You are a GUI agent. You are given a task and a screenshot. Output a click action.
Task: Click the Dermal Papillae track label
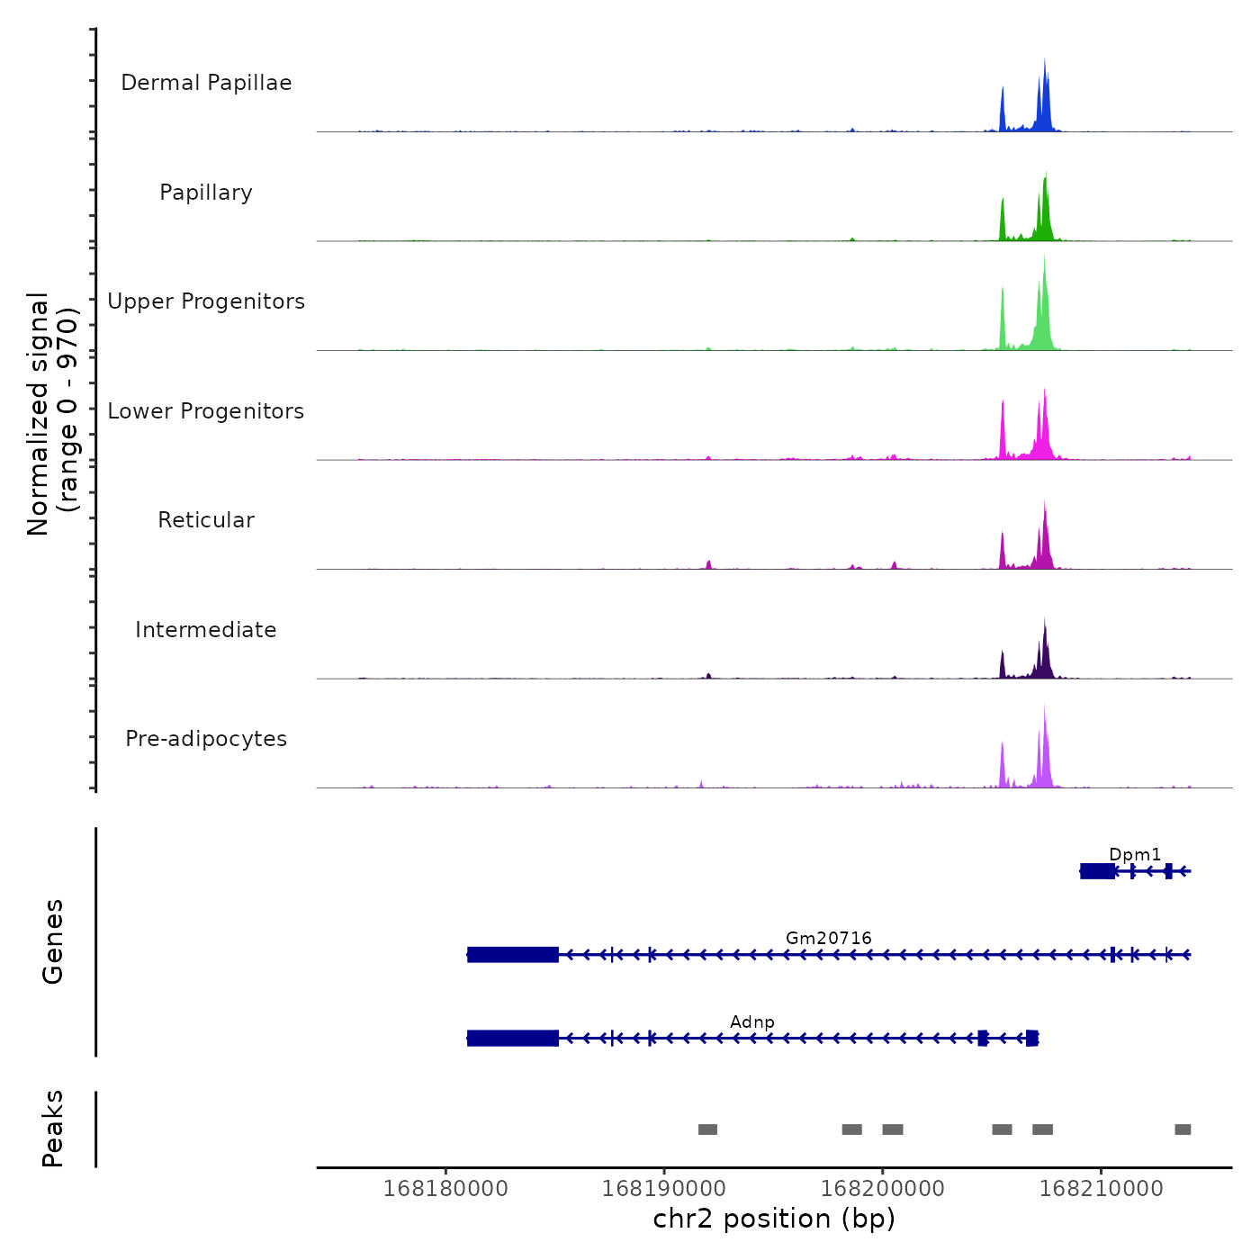(x=206, y=83)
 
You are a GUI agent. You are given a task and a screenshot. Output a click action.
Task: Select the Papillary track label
(x=206, y=193)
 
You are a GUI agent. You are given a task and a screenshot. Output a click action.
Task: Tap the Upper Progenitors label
(x=206, y=301)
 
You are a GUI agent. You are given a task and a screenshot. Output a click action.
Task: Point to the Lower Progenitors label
(x=206, y=411)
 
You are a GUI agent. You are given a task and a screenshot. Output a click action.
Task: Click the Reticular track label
(x=206, y=520)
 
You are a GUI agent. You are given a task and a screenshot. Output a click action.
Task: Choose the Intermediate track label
(x=206, y=630)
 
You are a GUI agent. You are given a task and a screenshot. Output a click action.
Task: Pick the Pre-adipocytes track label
(x=206, y=739)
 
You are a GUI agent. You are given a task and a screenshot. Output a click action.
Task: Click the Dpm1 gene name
(x=1135, y=854)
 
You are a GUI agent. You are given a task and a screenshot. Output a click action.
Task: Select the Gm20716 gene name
(x=829, y=938)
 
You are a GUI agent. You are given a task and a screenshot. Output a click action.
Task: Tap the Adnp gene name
(x=752, y=1021)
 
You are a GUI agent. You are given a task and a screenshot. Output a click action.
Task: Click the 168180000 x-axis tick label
(x=445, y=1189)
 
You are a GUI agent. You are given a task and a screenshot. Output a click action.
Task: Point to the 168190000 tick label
(x=664, y=1189)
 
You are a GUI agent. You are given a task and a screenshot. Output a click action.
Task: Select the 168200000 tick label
(x=883, y=1189)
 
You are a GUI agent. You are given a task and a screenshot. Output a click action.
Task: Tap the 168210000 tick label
(x=1102, y=1189)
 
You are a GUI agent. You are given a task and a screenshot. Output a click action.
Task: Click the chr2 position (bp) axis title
(x=774, y=1219)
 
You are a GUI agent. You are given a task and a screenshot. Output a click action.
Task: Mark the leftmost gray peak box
(x=707, y=1129)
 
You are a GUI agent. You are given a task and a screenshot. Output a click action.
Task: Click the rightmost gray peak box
(x=1183, y=1129)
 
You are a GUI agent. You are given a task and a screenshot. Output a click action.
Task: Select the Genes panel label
(x=53, y=941)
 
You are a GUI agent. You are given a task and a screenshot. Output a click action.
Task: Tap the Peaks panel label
(x=53, y=1129)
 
